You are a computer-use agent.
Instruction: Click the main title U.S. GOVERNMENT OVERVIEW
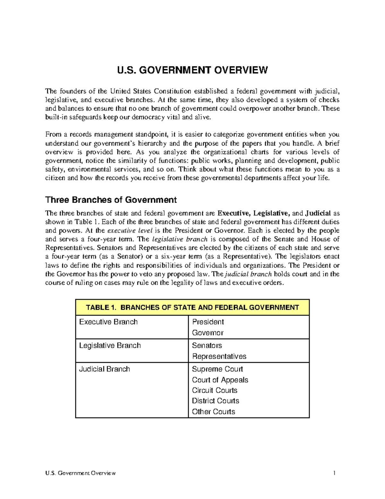coord(192,70)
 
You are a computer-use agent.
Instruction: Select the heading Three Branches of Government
coord(111,200)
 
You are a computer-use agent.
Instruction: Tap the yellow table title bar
coord(192,307)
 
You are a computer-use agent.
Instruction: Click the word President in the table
coord(208,322)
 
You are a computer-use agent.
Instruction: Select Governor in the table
coord(208,333)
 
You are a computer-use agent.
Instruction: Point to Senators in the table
coord(207,345)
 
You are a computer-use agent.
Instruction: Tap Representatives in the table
coord(219,356)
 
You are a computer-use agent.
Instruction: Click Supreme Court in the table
coord(217,369)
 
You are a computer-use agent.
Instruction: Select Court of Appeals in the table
coord(220,380)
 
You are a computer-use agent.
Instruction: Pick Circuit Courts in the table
coord(215,390)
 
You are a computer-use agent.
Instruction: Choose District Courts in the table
coord(216,401)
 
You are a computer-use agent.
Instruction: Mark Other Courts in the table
coord(213,412)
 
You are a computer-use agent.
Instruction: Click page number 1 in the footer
coord(334,473)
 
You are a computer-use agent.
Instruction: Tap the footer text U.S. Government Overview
coord(81,473)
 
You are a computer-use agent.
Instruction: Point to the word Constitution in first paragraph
coord(172,91)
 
